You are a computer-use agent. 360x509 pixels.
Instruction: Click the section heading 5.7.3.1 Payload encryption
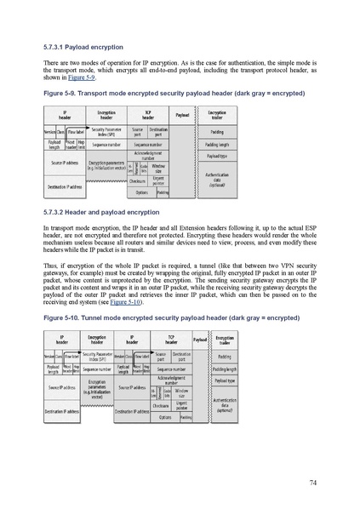pos(83,47)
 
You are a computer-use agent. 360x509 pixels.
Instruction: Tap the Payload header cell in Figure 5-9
pos(182,113)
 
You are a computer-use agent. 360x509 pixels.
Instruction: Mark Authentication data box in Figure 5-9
pos(216,176)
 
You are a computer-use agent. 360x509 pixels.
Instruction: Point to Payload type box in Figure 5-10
pos(224,381)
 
